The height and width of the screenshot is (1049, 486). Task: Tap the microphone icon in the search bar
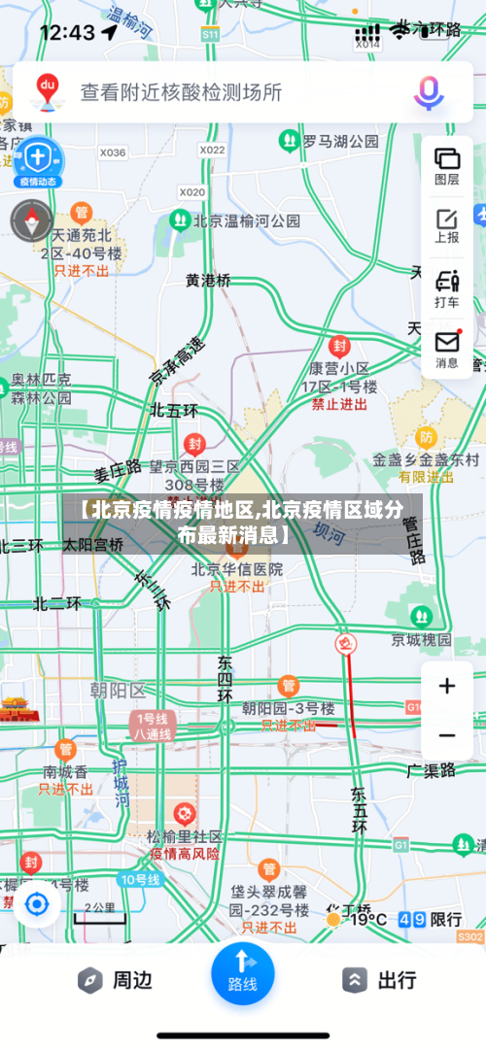point(429,92)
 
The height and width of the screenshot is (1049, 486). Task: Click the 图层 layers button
point(447,164)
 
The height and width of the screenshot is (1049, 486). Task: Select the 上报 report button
point(447,225)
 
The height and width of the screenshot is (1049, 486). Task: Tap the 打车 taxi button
point(447,288)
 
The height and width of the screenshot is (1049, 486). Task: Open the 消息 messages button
point(447,349)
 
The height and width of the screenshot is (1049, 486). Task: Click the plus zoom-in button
point(447,687)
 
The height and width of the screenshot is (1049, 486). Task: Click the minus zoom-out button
point(447,735)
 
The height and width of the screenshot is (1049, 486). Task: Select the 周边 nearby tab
point(117,980)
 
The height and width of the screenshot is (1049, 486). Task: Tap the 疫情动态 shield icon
point(37,160)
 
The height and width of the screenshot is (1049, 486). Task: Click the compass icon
point(31,221)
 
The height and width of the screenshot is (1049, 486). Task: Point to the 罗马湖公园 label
point(340,142)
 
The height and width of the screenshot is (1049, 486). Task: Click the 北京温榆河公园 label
point(247,220)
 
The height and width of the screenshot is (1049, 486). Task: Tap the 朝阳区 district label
point(117,691)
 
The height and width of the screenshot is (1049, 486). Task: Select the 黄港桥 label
point(209,280)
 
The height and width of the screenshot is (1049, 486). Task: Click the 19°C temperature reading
point(367,919)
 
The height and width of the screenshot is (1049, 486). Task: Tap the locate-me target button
point(37,905)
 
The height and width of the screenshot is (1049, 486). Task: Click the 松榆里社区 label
point(185,836)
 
